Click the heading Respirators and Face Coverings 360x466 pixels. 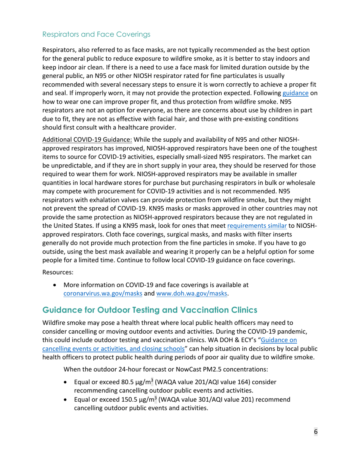tap(96, 34)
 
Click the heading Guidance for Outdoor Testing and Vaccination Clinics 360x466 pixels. tap(150, 310)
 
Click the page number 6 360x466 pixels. tap(315, 433)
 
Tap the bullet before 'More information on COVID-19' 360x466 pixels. tap(57, 285)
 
